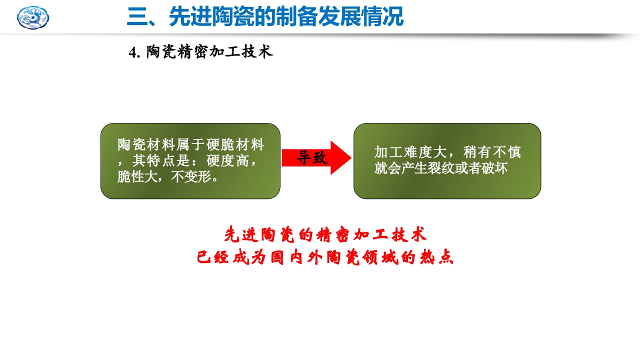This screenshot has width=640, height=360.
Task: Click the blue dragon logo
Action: (x=33, y=17)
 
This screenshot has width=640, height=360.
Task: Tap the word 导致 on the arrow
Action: (x=312, y=157)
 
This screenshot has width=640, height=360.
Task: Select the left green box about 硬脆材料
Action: (x=190, y=161)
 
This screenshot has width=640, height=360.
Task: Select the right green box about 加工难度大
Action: (x=447, y=161)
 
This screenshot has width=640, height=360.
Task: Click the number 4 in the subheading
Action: (x=132, y=52)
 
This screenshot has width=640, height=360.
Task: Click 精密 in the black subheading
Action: (x=191, y=52)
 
